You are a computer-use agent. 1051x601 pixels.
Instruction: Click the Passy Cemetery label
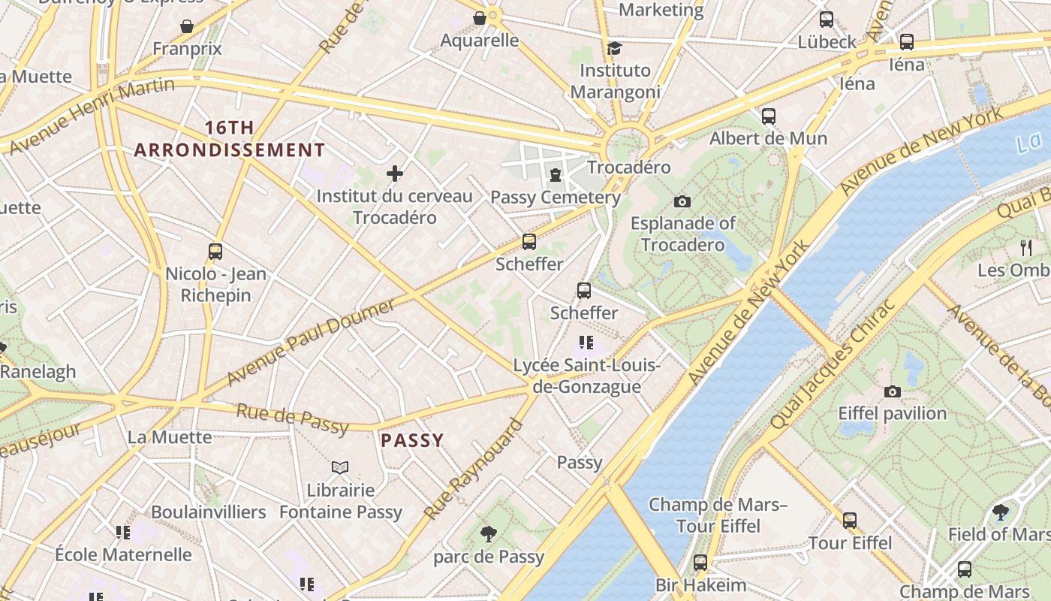point(556,198)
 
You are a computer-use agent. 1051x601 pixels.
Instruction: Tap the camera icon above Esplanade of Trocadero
point(682,201)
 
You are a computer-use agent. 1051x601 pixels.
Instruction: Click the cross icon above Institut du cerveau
point(395,174)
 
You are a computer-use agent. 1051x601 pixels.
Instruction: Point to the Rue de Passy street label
point(292,418)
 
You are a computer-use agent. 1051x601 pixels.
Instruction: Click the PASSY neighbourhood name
point(412,440)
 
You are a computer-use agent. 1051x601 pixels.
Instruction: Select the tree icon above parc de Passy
point(489,534)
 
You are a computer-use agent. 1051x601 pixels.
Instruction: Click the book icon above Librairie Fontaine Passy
point(340,467)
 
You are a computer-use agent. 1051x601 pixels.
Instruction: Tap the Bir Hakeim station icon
point(700,563)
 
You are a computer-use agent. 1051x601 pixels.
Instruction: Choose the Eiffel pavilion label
point(893,413)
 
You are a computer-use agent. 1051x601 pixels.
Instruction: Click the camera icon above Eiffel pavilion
point(893,391)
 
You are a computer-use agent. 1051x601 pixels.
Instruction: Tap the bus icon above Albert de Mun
point(769,116)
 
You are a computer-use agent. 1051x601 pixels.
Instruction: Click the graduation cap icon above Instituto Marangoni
point(615,48)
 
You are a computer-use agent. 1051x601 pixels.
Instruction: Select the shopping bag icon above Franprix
point(187,26)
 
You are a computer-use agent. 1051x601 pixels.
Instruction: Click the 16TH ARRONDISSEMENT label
point(230,139)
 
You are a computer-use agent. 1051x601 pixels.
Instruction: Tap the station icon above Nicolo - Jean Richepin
point(215,252)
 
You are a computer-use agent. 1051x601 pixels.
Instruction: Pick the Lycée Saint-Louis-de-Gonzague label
point(586,376)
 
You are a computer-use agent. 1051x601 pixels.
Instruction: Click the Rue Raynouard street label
point(473,470)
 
